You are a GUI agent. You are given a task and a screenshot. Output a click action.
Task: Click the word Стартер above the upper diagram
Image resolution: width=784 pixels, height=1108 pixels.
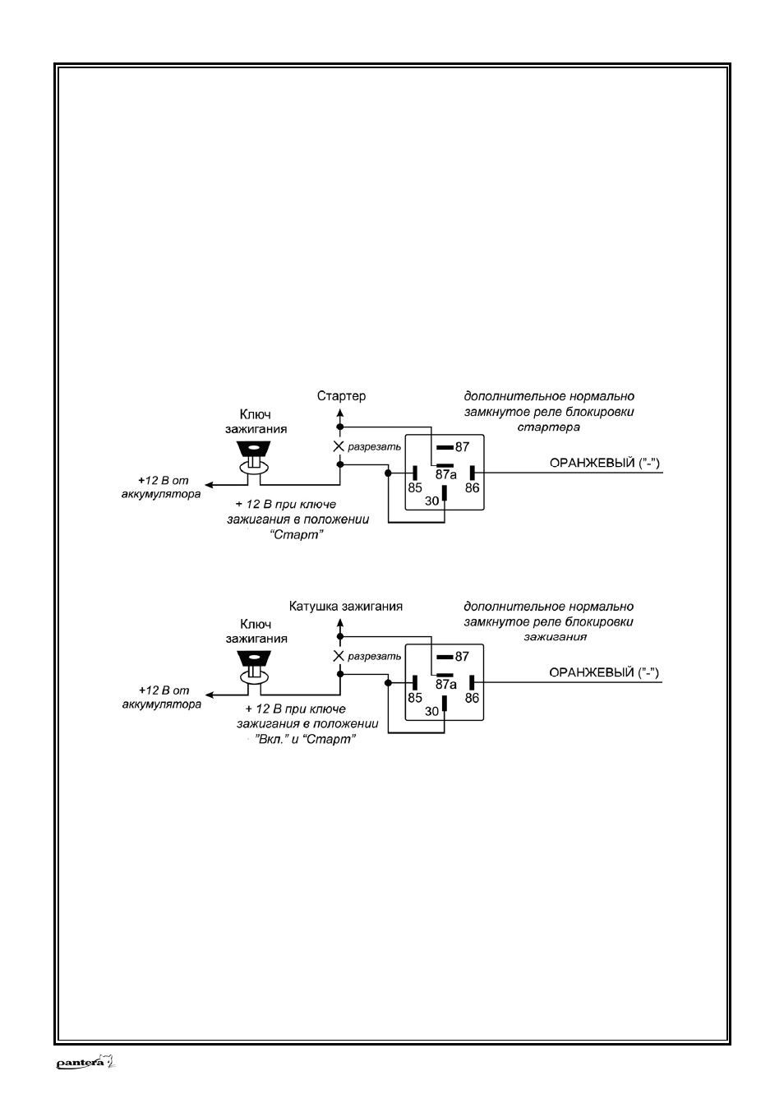[x=341, y=396]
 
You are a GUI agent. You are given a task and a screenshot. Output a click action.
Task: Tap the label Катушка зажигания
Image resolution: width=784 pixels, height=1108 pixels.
[x=346, y=607]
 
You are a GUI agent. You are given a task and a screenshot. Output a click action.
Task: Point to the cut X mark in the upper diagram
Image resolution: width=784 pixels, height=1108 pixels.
[x=339, y=446]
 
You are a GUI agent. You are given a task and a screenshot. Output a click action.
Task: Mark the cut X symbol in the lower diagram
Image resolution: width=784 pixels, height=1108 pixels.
[x=339, y=656]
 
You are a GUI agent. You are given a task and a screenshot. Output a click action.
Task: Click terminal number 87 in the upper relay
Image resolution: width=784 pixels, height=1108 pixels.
[x=462, y=447]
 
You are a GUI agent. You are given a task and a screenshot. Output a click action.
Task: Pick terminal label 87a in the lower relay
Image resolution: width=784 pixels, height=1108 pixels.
[x=445, y=685]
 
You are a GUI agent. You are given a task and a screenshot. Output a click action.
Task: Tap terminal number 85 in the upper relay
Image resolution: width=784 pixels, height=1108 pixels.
[x=415, y=487]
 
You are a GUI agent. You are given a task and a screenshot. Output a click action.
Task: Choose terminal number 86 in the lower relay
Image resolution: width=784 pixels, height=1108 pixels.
[x=472, y=698]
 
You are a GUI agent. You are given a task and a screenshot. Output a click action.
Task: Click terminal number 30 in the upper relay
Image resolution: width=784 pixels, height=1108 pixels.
[x=431, y=501]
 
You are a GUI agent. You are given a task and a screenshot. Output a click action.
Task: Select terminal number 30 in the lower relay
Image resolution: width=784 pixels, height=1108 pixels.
[x=431, y=711]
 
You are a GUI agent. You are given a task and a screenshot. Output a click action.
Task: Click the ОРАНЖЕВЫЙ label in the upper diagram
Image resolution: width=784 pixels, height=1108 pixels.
[x=592, y=463]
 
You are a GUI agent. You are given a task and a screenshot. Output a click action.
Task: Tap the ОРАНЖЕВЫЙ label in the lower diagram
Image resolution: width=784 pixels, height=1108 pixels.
[x=592, y=672]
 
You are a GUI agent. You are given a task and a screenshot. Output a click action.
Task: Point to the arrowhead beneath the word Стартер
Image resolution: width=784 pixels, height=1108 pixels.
[x=340, y=413]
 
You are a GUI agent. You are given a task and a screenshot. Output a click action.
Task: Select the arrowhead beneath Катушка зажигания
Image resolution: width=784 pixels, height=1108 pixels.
[x=340, y=623]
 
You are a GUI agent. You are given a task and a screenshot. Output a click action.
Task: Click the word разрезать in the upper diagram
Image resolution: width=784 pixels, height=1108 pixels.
[x=375, y=447]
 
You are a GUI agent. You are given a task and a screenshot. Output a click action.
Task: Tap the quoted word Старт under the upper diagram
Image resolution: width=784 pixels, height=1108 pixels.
[x=297, y=535]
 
